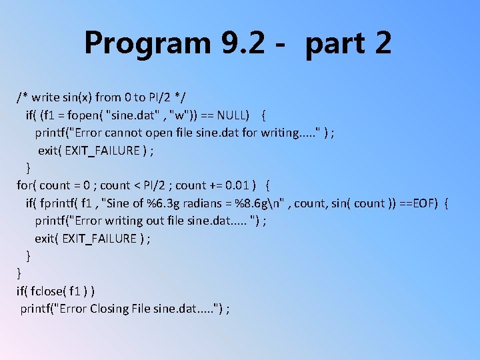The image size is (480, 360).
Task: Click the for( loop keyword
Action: [x=27, y=185]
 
